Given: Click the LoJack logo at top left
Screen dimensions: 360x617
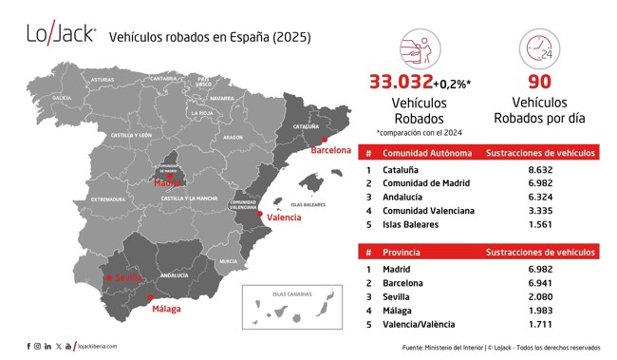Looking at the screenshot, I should [x=62, y=35].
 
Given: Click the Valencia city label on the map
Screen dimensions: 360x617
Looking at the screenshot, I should [x=284, y=218].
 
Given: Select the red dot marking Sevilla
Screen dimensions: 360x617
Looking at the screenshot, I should [x=107, y=278].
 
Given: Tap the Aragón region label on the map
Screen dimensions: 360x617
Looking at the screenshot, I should [x=233, y=137].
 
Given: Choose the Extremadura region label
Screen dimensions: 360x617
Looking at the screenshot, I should [x=107, y=199].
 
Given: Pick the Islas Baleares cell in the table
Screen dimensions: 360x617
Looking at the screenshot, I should [x=411, y=224].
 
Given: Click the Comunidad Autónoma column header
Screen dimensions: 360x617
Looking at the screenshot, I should [x=426, y=152].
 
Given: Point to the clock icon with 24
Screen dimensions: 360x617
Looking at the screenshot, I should [x=538, y=47].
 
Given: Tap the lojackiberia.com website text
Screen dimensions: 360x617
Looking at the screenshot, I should [x=98, y=347].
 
